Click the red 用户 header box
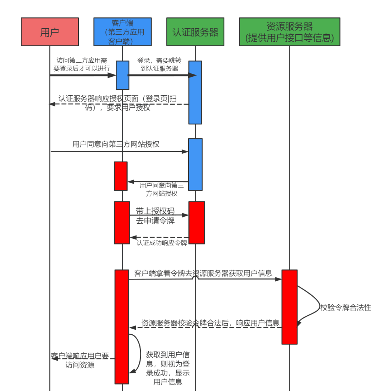tap(49, 32)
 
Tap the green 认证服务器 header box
tap(195, 32)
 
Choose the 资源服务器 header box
tap(290, 32)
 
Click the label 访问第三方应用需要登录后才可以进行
tap(82, 63)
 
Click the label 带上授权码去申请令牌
tap(155, 216)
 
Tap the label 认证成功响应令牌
tap(162, 243)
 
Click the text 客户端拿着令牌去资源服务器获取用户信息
tap(203, 273)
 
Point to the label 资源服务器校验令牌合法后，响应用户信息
tap(210, 323)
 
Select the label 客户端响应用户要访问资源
tap(80, 361)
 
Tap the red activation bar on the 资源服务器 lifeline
tap(289, 307)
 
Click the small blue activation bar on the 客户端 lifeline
tap(123, 75)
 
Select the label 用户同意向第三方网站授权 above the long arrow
tap(116, 144)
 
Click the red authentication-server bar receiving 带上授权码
tap(197, 223)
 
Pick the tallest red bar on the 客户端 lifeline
tap(121, 326)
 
